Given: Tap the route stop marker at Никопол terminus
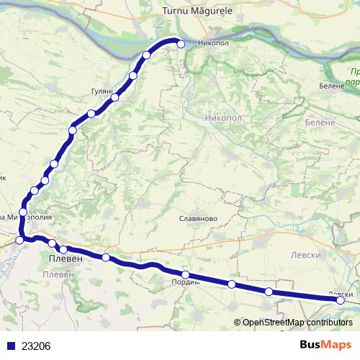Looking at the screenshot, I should (181, 44).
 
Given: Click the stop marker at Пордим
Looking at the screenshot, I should (186, 274).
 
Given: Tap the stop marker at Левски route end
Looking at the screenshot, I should (341, 301).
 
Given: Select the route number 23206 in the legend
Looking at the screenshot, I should (36, 346).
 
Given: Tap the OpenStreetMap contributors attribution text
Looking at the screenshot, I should (297, 322).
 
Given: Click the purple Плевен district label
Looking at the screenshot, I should (58, 275).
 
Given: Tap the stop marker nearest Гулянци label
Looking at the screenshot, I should (115, 96).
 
